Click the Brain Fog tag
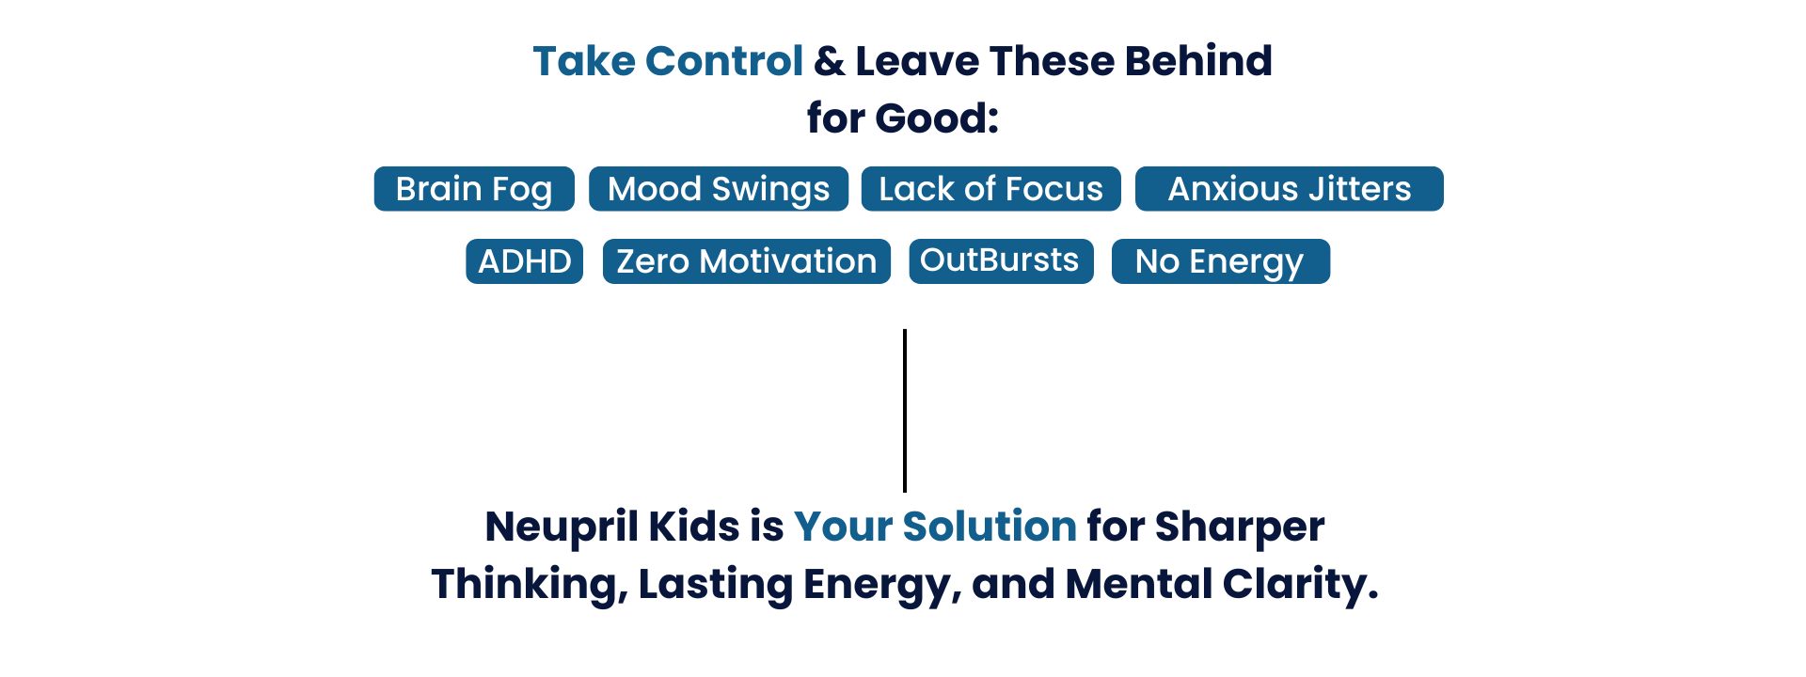474,189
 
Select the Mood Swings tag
719,189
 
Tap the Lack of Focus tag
990,189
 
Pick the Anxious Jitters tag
1289,189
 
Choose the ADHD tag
524,261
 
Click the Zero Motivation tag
746,261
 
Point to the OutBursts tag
1001,261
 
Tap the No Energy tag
1220,261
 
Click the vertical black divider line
905,410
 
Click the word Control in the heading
724,61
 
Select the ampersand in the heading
829,62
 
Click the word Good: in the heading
937,118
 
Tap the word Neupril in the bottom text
562,527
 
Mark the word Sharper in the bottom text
1240,527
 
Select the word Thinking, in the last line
530,585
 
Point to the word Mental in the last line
1139,584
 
